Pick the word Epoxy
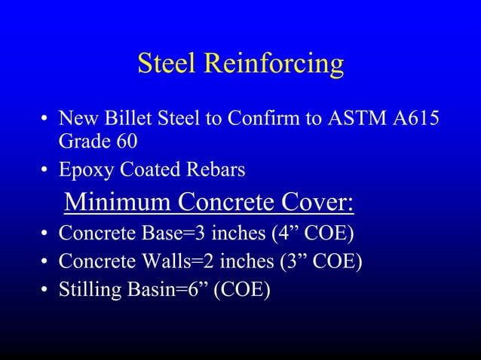click(x=84, y=171)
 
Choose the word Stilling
click(x=88, y=290)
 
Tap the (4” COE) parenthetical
click(x=313, y=233)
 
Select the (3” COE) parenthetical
click(x=320, y=261)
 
